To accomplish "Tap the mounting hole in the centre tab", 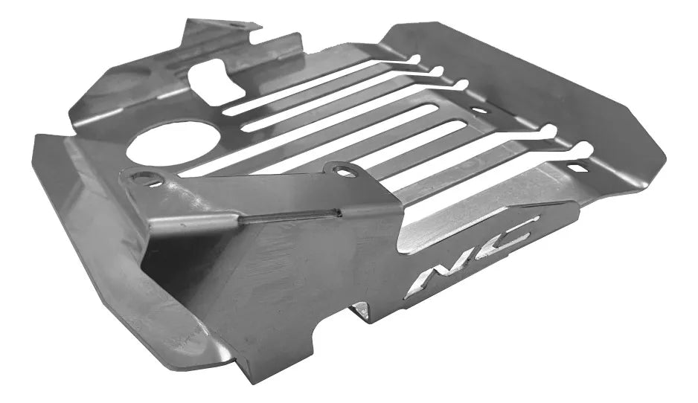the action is pyautogui.click(x=341, y=170).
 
